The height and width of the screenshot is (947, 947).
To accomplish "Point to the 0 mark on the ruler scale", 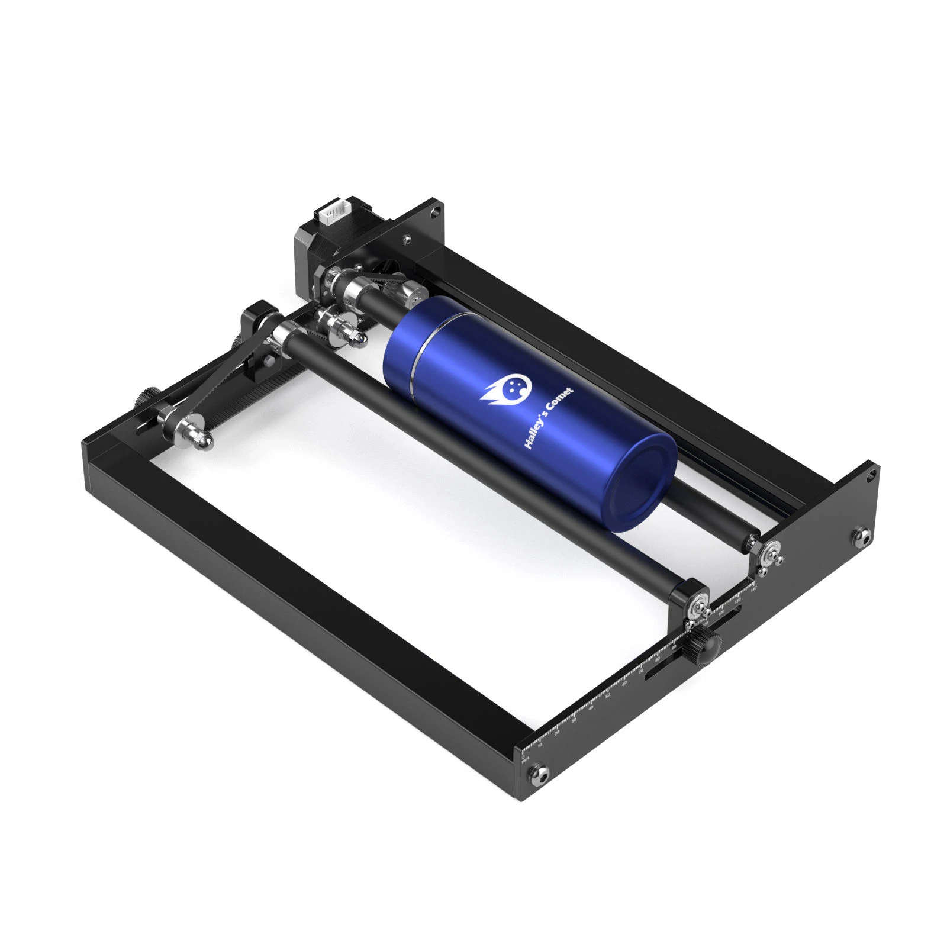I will [x=523, y=756].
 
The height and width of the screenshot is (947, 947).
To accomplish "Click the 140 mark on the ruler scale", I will [x=753, y=589].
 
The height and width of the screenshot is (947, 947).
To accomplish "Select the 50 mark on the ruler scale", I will [x=607, y=695].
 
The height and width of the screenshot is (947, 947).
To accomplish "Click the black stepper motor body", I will [x=314, y=249].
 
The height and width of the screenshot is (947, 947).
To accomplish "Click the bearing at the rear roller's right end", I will [x=770, y=553].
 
